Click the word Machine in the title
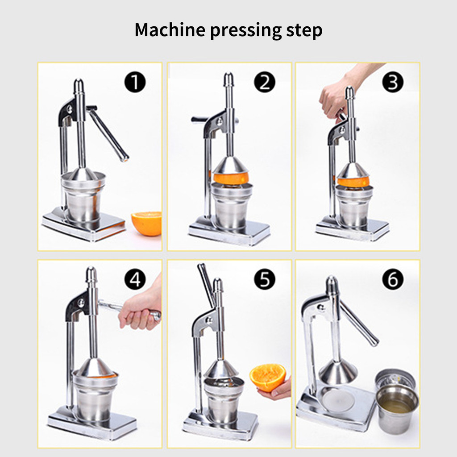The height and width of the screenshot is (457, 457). [170, 29]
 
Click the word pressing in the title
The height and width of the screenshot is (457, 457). [246, 31]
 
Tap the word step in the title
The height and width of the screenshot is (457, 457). [304, 31]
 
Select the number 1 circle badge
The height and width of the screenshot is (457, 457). [135, 82]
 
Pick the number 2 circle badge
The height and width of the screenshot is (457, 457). [264, 82]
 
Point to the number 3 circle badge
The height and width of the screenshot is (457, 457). [393, 82]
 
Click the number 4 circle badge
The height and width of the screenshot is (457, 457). [135, 279]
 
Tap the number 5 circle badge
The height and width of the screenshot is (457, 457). [264, 279]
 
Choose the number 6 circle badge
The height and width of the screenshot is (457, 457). [393, 279]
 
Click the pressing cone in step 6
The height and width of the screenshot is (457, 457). [338, 372]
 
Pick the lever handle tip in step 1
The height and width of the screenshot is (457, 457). [125, 159]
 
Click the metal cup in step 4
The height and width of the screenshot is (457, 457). [95, 397]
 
